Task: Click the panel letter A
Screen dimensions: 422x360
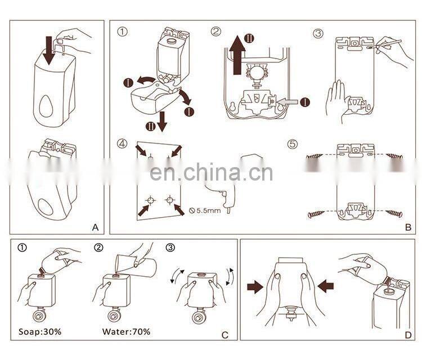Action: pyautogui.click(x=95, y=227)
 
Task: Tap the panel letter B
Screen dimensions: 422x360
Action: pyautogui.click(x=408, y=227)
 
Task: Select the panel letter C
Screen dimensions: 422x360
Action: pyautogui.click(x=225, y=335)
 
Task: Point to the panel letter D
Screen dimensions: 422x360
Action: pyautogui.click(x=408, y=335)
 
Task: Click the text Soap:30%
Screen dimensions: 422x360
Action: pyautogui.click(x=40, y=331)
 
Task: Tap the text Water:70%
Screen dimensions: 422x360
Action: pyautogui.click(x=126, y=331)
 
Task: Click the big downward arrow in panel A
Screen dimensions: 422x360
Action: pyautogui.click(x=49, y=51)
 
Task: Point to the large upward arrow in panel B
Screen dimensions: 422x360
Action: pyautogui.click(x=237, y=55)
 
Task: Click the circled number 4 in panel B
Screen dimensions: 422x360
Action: pyautogui.click(x=122, y=143)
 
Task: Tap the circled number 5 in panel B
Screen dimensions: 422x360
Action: pyautogui.click(x=293, y=144)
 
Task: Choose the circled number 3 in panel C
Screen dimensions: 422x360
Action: pyautogui.click(x=170, y=247)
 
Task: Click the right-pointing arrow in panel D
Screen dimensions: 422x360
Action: pyautogui.click(x=255, y=287)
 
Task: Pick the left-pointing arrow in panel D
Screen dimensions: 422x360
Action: pyautogui.click(x=326, y=286)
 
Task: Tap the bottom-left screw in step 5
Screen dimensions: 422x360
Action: pyautogui.click(x=316, y=214)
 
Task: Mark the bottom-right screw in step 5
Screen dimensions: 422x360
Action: pyautogui.click(x=394, y=213)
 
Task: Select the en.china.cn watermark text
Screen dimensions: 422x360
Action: pyautogui.click(x=211, y=173)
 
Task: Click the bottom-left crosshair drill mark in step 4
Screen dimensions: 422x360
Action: pyautogui.click(x=150, y=200)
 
